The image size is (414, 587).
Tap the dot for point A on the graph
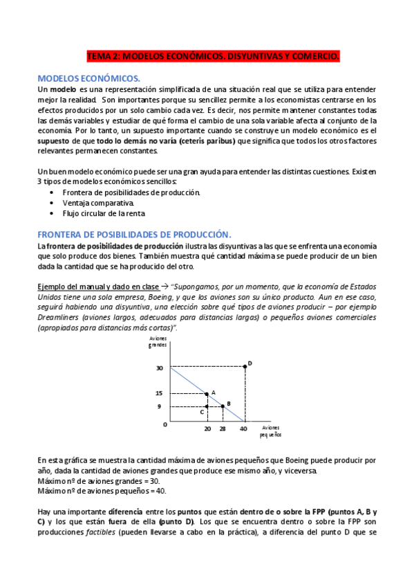[x=207, y=394]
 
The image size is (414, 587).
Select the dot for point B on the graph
[x=223, y=406]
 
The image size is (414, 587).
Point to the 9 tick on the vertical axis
[x=158, y=406]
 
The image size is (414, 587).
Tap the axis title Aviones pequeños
[x=270, y=432]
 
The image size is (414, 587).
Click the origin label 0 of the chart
[x=164, y=424]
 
